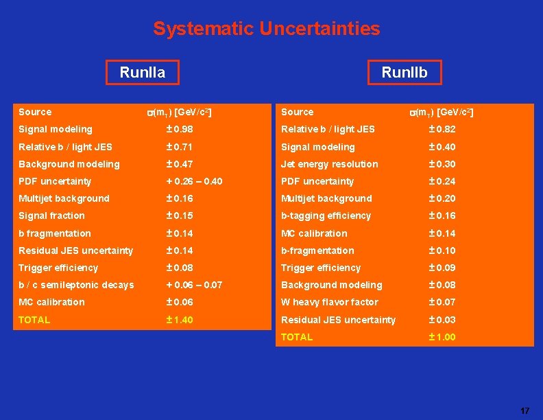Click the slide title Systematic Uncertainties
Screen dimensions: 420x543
click(x=266, y=29)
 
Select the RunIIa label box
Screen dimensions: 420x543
click(x=142, y=72)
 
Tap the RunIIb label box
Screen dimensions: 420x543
click(x=404, y=72)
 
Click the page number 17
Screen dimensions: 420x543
click(x=524, y=410)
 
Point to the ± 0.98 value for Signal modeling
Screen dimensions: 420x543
click(x=180, y=129)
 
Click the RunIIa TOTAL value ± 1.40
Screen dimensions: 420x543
click(x=180, y=320)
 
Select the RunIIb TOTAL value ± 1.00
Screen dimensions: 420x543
click(x=442, y=337)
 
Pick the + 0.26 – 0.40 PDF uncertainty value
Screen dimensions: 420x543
click(x=195, y=181)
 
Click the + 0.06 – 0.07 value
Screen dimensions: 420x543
click(x=195, y=285)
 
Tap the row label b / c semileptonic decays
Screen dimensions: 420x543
click(x=76, y=285)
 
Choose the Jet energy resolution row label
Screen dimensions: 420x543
click(x=329, y=164)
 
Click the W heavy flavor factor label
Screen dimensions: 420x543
click(x=329, y=302)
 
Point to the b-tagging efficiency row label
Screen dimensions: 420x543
click(x=326, y=215)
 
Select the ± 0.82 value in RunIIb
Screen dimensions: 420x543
click(x=442, y=129)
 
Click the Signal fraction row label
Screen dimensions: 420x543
click(x=51, y=215)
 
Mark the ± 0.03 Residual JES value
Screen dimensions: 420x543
click(x=442, y=320)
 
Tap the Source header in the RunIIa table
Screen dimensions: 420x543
click(x=35, y=112)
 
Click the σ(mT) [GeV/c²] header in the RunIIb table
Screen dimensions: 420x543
click(x=441, y=112)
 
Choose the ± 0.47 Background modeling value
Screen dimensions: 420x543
click(x=180, y=164)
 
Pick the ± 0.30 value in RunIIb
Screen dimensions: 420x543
click(x=442, y=164)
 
